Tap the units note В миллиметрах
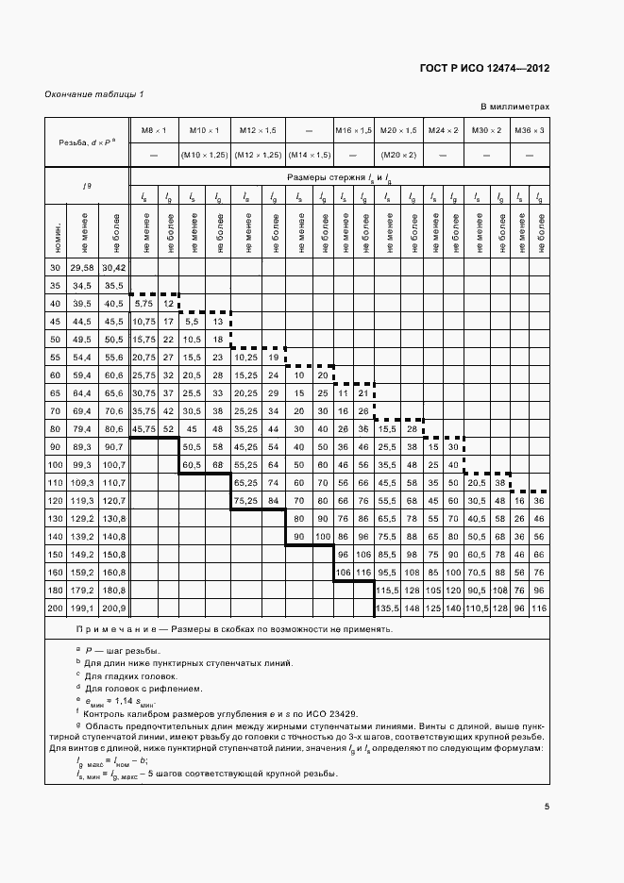point(514,108)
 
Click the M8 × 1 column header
point(154,129)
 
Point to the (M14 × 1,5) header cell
point(309,154)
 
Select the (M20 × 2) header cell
point(398,154)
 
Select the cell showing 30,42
point(115,269)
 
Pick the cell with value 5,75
point(143,304)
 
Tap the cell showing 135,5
point(386,608)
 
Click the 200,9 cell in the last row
point(115,608)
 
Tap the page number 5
point(547,806)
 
